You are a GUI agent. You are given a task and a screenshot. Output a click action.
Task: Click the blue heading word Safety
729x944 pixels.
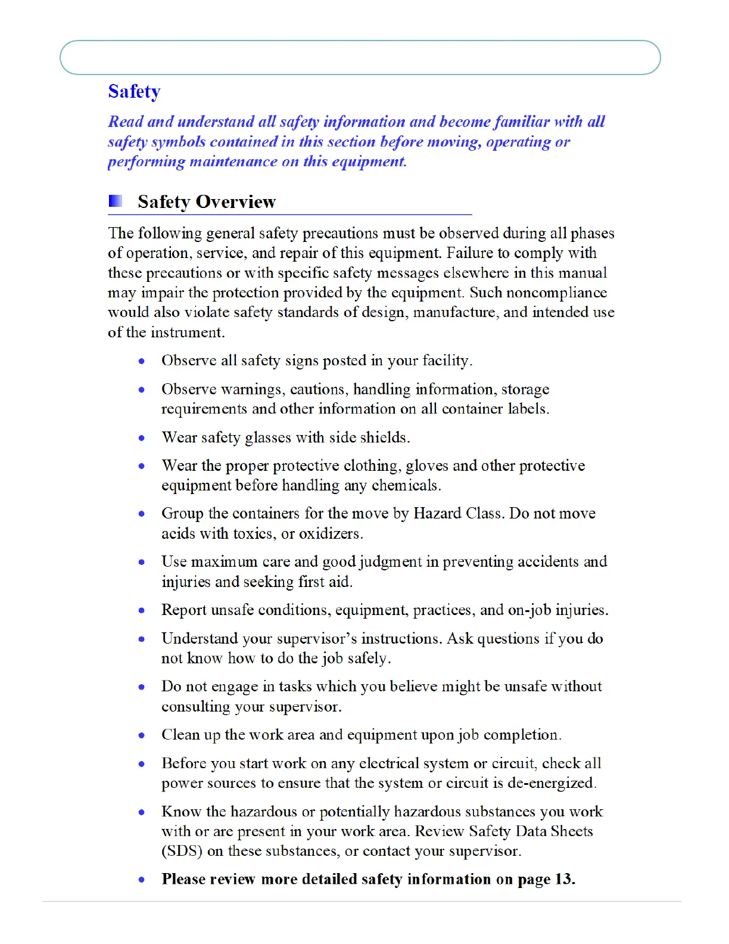[x=134, y=92]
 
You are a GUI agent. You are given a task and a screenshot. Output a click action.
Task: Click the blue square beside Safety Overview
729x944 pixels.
[x=116, y=201]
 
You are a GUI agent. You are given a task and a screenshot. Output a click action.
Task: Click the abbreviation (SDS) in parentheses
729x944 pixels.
[x=182, y=851]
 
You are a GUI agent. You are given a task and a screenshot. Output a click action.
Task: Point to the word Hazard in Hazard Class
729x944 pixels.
[x=437, y=514]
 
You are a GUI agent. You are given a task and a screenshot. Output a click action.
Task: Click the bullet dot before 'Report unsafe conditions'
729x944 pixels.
[x=142, y=610]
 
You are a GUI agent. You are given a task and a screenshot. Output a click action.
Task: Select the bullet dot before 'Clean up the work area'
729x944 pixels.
[x=142, y=735]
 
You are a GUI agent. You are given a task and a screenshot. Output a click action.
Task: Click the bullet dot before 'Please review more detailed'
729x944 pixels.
[x=142, y=880]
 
